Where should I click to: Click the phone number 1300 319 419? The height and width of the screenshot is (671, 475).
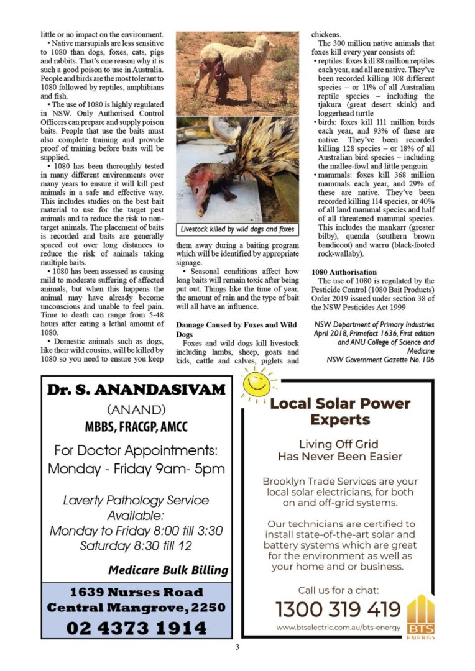coord(338,609)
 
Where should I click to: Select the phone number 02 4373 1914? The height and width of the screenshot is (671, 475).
coord(136,628)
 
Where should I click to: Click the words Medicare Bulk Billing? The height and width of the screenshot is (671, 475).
coord(168,570)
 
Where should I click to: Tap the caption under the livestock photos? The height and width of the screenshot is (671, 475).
coord(237,229)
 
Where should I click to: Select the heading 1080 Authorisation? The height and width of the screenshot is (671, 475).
coord(344,272)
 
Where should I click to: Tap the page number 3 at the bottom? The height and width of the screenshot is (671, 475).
coord(237,647)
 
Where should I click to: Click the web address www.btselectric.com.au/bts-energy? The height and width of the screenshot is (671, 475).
coord(338,628)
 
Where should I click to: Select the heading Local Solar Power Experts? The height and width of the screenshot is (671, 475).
coord(339,411)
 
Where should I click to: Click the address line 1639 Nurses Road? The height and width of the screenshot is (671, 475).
coord(136,592)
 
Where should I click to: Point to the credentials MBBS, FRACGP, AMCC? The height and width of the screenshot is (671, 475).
coord(136,427)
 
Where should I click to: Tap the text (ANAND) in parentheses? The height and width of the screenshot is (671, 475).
coord(136,410)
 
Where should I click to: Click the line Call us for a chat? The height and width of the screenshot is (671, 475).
coord(338,590)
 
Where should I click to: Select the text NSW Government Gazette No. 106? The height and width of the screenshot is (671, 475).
coord(380,360)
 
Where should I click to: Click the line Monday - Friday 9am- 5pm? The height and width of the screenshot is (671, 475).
coord(136,468)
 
